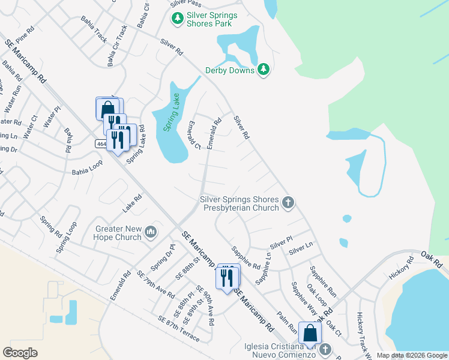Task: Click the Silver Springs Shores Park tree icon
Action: (177, 19)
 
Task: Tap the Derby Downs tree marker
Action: (264, 70)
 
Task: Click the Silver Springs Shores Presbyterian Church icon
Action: (288, 203)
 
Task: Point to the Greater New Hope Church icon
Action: (150, 232)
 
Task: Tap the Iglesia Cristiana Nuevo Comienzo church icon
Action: (325, 349)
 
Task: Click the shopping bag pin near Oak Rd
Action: (309, 334)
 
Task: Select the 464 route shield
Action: (101, 144)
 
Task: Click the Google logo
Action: (20, 352)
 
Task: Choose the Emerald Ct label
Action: (193, 135)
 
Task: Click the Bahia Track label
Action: (95, 34)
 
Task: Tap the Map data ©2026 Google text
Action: (412, 355)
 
